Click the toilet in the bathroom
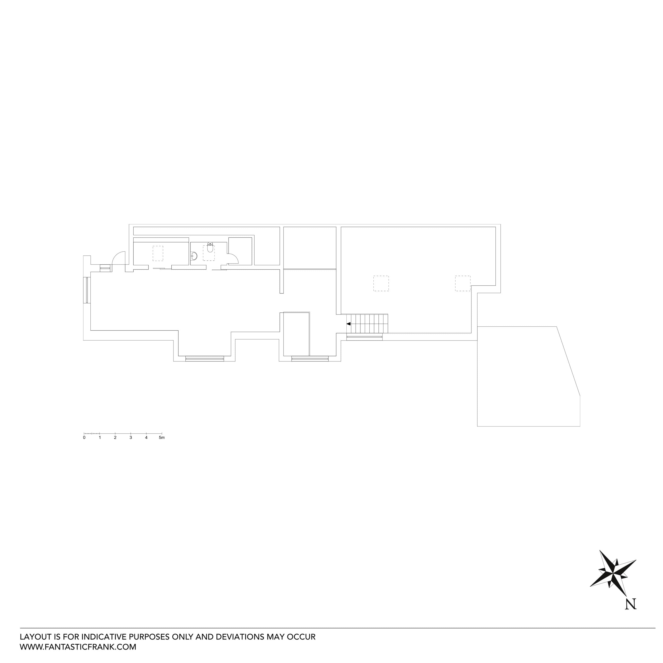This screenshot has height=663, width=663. (210, 247)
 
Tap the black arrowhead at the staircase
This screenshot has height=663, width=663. (348, 324)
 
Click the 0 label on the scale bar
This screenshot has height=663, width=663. (84, 438)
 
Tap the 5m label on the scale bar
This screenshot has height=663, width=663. (162, 438)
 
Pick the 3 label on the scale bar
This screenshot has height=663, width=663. (131, 438)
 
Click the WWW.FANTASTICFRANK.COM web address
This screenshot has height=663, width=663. (78, 647)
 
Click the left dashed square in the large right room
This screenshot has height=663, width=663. (381, 283)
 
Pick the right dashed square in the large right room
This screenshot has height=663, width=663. (463, 283)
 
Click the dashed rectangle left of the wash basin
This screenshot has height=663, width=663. (158, 253)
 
